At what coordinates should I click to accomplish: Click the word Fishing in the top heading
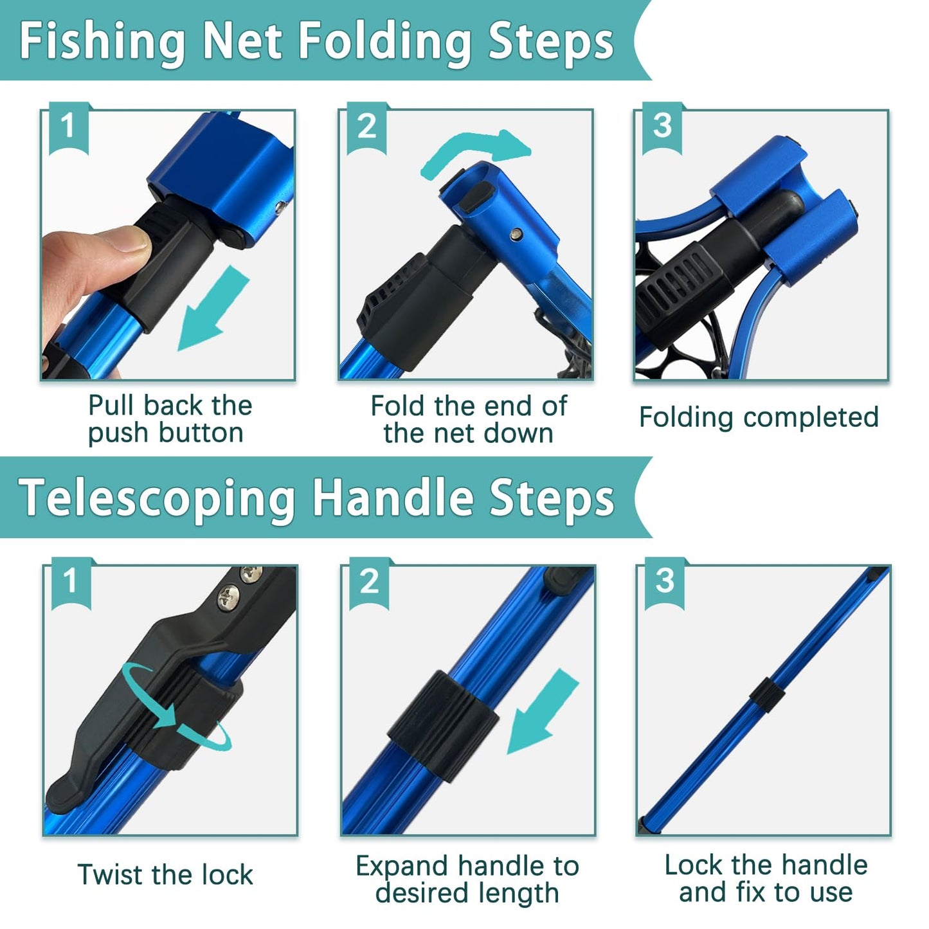[x=103, y=41]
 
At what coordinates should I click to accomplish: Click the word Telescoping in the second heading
[x=158, y=498]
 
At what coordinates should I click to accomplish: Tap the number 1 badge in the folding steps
[x=68, y=126]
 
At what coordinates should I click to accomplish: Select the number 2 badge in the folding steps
[x=366, y=126]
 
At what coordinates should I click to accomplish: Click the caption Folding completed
[x=759, y=417]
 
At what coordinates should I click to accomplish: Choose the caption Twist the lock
[x=165, y=875]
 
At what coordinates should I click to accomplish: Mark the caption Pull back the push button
[x=168, y=419]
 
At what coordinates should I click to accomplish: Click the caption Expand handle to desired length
[x=467, y=879]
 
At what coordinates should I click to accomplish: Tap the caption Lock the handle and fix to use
[x=766, y=879]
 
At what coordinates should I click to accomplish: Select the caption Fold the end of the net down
[x=469, y=420]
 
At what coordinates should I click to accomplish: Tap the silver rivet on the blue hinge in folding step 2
[x=516, y=235]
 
